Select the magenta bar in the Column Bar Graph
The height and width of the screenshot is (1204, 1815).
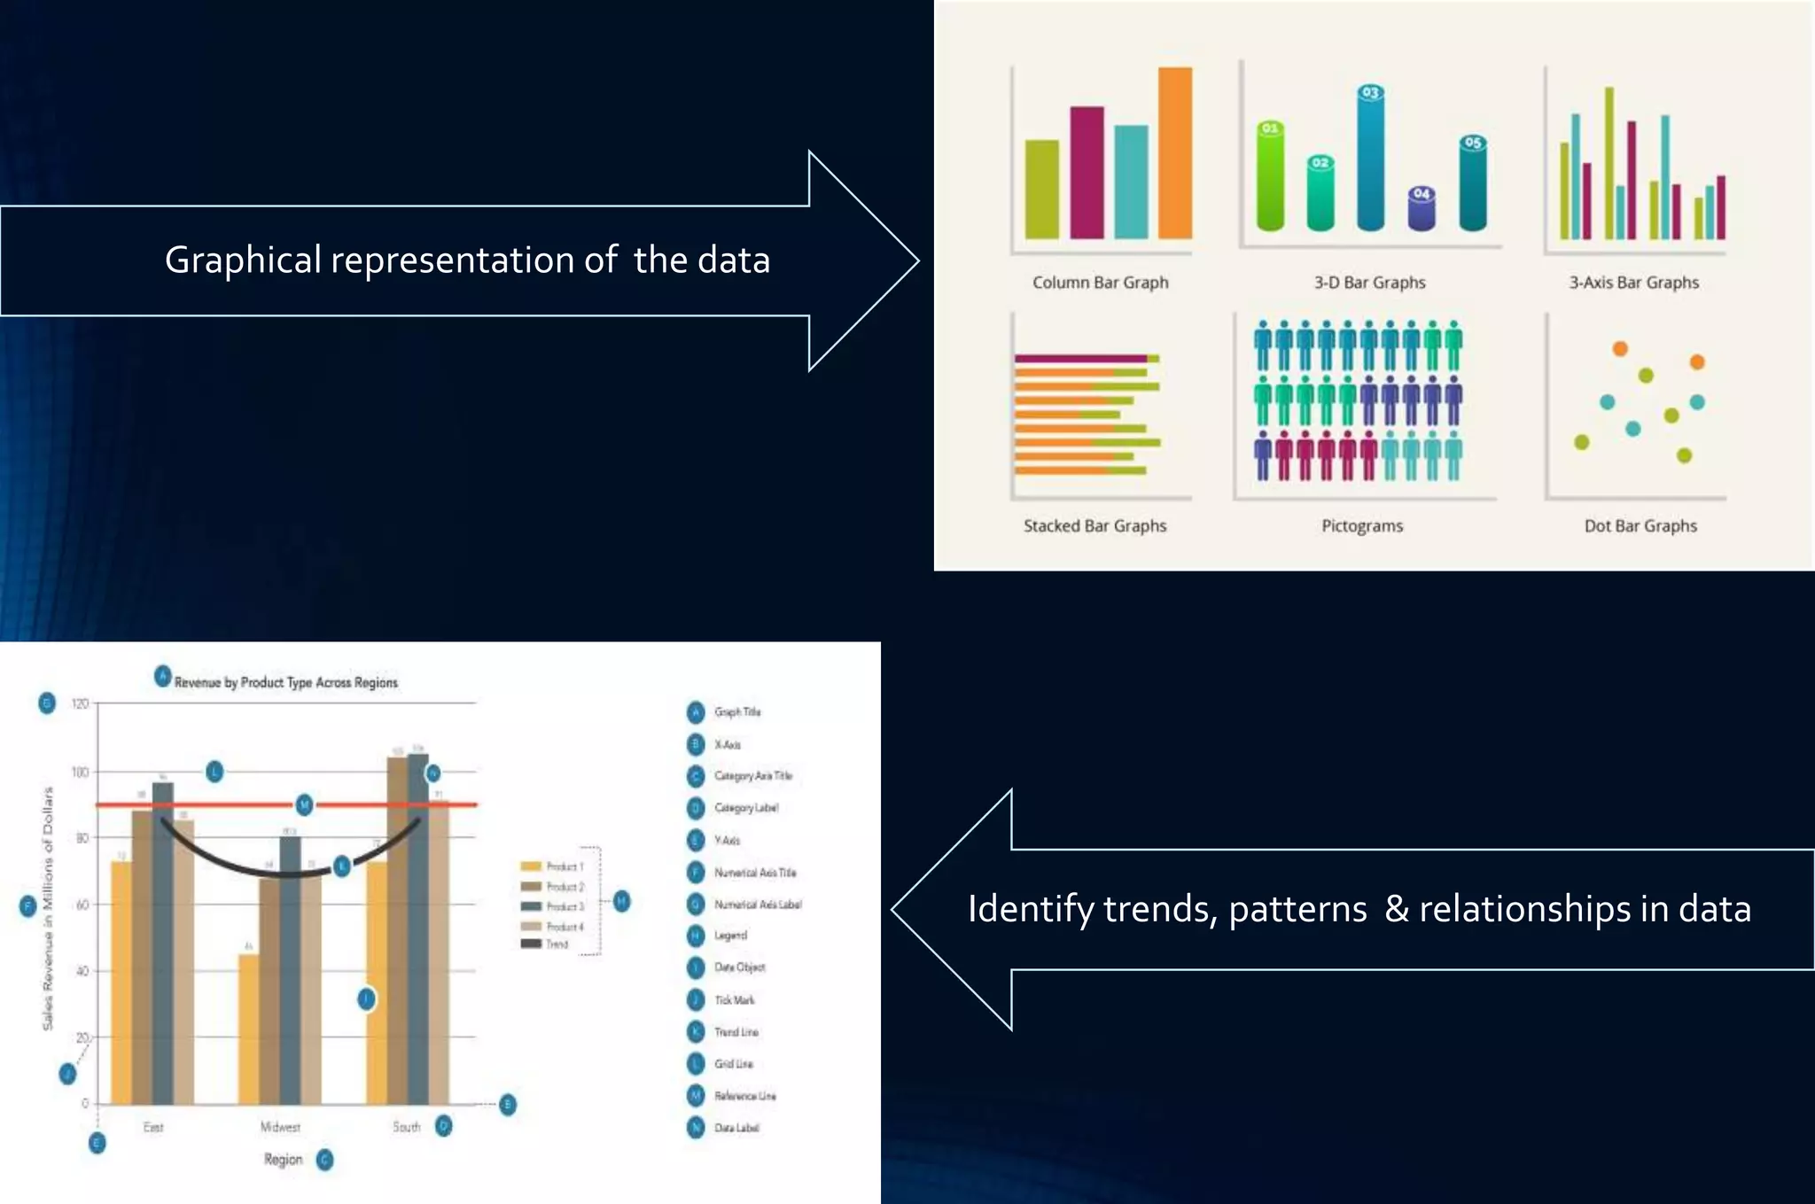(1087, 173)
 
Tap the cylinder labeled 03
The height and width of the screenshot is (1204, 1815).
(1370, 159)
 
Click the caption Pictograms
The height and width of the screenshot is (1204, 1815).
(1362, 526)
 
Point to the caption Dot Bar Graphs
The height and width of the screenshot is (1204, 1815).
(1640, 526)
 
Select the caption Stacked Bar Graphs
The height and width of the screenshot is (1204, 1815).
(1094, 526)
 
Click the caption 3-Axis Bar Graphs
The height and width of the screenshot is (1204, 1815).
(1633, 283)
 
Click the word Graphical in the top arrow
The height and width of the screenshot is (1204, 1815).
(243, 260)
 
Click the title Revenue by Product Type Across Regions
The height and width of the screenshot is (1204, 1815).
(285, 682)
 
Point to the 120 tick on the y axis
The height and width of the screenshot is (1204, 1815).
(80, 703)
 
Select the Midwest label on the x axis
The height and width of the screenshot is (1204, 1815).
(280, 1127)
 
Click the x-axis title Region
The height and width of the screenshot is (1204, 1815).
(283, 1159)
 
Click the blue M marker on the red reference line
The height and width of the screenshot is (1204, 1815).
(304, 804)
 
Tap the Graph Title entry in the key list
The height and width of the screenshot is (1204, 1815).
(736, 711)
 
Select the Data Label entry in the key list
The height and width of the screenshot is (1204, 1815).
(736, 1128)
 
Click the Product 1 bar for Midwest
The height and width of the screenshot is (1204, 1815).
(249, 1028)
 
